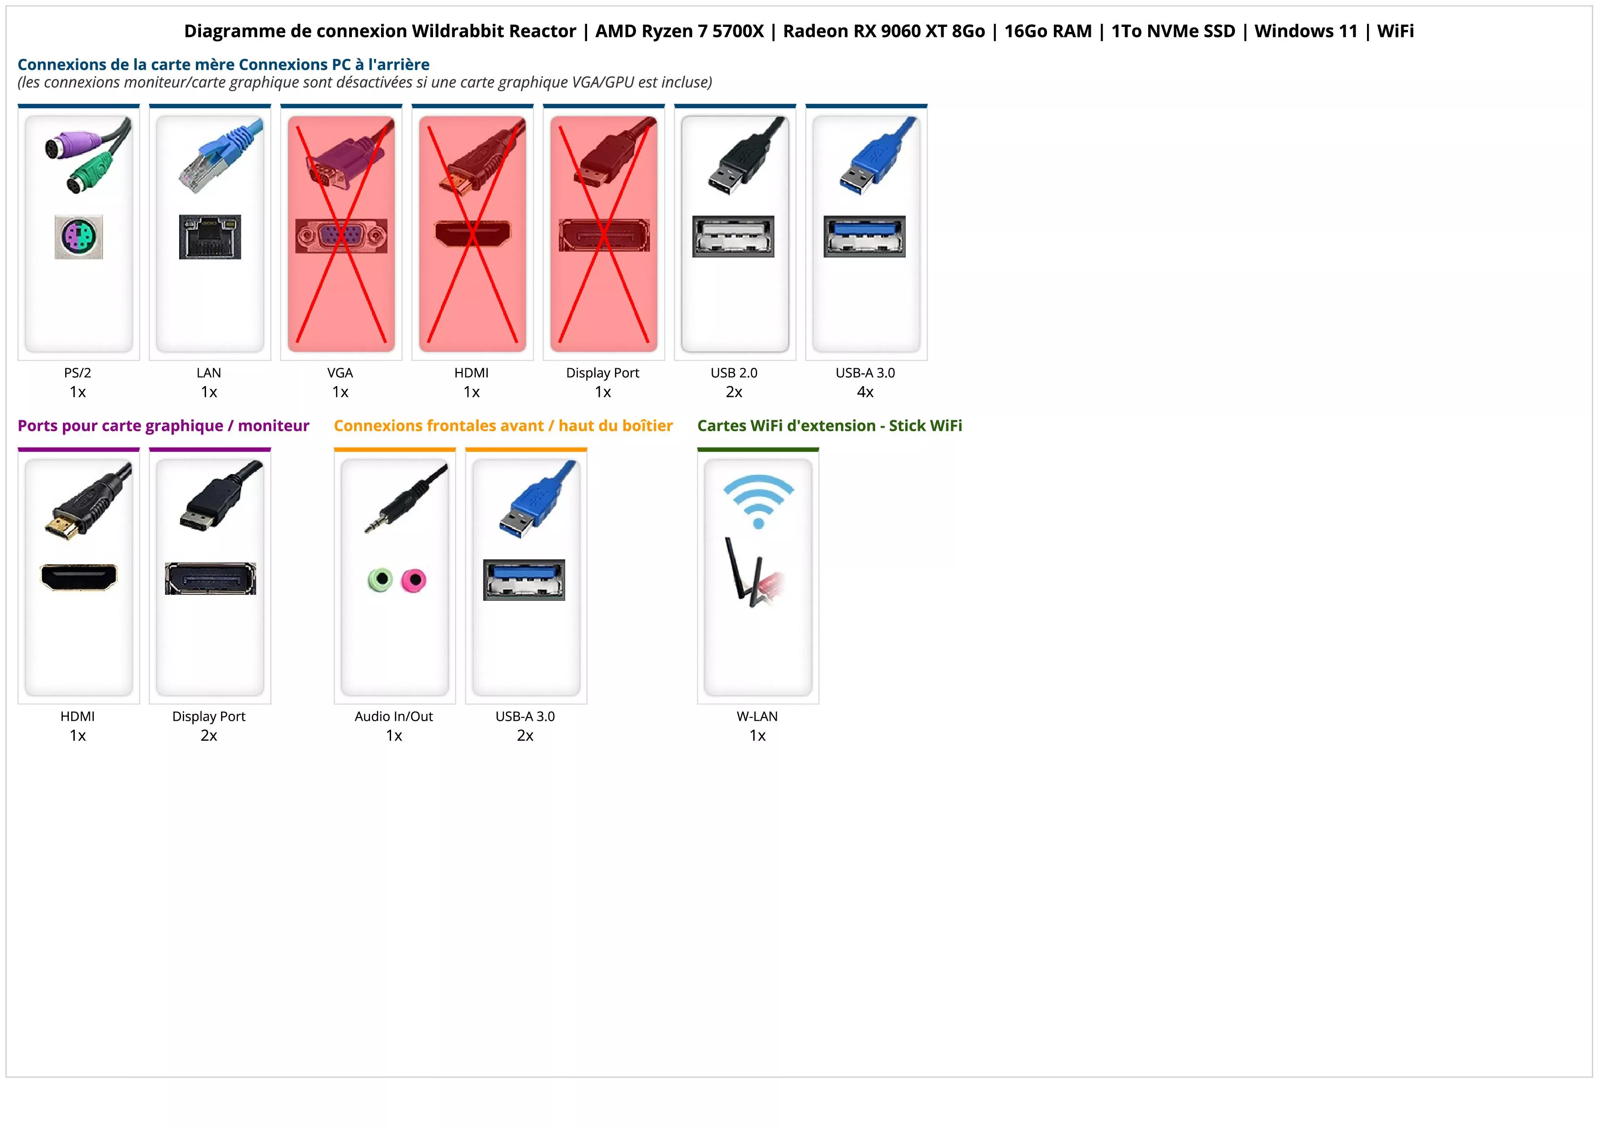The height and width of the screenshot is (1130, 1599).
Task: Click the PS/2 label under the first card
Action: point(77,372)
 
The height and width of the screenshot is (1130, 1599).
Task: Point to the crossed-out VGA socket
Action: point(340,236)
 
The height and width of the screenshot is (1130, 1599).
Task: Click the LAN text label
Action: point(209,372)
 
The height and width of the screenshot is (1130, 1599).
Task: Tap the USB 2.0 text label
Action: point(734,372)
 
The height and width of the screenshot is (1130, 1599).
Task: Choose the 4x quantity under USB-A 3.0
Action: point(865,392)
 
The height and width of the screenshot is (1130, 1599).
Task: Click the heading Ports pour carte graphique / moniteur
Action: point(163,425)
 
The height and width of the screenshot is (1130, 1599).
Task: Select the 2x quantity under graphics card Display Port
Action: point(209,735)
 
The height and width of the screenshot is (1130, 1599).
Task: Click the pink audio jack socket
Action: point(414,580)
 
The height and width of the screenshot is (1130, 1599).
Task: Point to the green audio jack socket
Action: point(380,579)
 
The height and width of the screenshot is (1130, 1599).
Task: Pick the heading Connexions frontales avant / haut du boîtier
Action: point(503,425)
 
